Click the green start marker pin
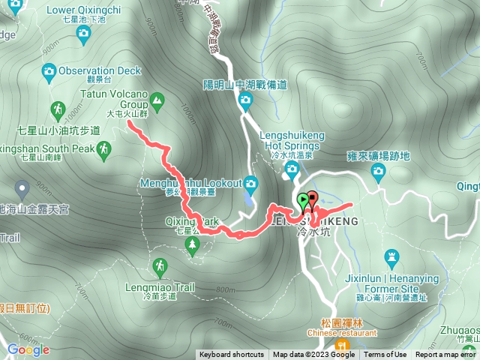tap(303, 200)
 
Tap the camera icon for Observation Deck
tap(49, 71)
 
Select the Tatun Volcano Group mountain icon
tap(157, 99)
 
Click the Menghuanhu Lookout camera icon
tap(250, 183)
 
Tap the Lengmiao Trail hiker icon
tap(159, 266)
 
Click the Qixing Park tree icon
tap(193, 244)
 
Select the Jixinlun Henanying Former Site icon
tap(391, 259)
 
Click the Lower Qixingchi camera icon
tap(83, 32)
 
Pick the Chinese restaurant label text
tap(341, 332)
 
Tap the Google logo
tap(28, 349)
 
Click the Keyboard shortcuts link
tap(231, 355)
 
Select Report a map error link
tap(446, 355)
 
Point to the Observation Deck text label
tap(100, 70)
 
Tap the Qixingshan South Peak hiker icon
tap(104, 149)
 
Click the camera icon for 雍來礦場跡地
tap(378, 172)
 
